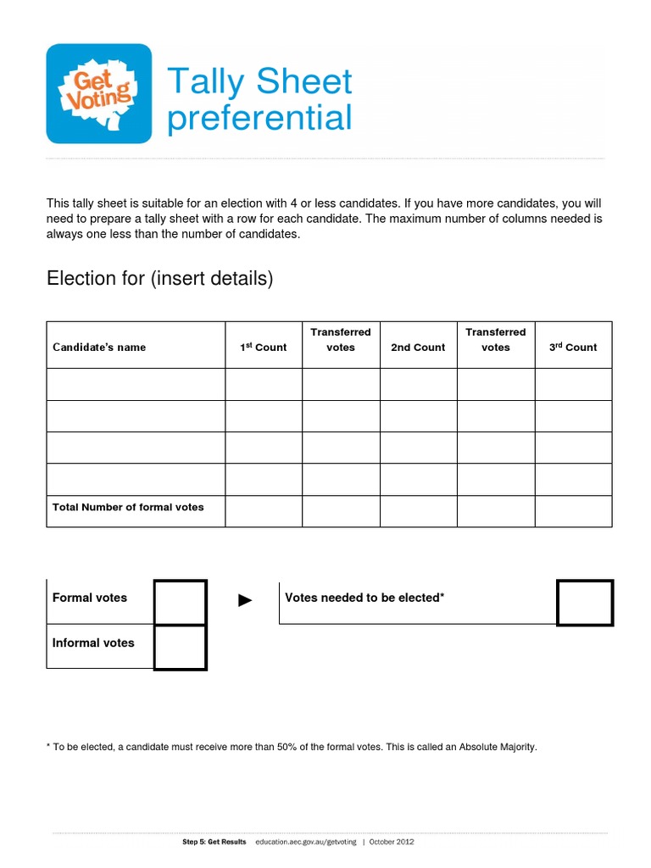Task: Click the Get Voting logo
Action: (x=98, y=93)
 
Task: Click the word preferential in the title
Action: (x=259, y=118)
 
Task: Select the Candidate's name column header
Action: (x=99, y=347)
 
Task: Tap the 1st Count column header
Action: (x=263, y=347)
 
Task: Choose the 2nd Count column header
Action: (x=418, y=347)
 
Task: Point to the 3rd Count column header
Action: (x=573, y=347)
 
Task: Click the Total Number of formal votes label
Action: (x=128, y=507)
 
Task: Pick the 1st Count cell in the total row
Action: (x=263, y=511)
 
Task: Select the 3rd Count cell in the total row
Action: (x=573, y=511)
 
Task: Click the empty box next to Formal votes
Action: (x=180, y=602)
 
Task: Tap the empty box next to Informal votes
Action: (x=180, y=647)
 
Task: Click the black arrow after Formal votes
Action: (x=245, y=601)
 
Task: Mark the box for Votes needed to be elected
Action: (x=585, y=603)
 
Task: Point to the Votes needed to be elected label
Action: (x=364, y=598)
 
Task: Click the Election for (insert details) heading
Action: (x=159, y=278)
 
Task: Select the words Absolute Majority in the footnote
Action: (x=498, y=747)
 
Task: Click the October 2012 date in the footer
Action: (x=392, y=842)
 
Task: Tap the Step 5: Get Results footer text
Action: (x=214, y=842)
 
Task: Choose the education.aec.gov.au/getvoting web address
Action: (x=306, y=842)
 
